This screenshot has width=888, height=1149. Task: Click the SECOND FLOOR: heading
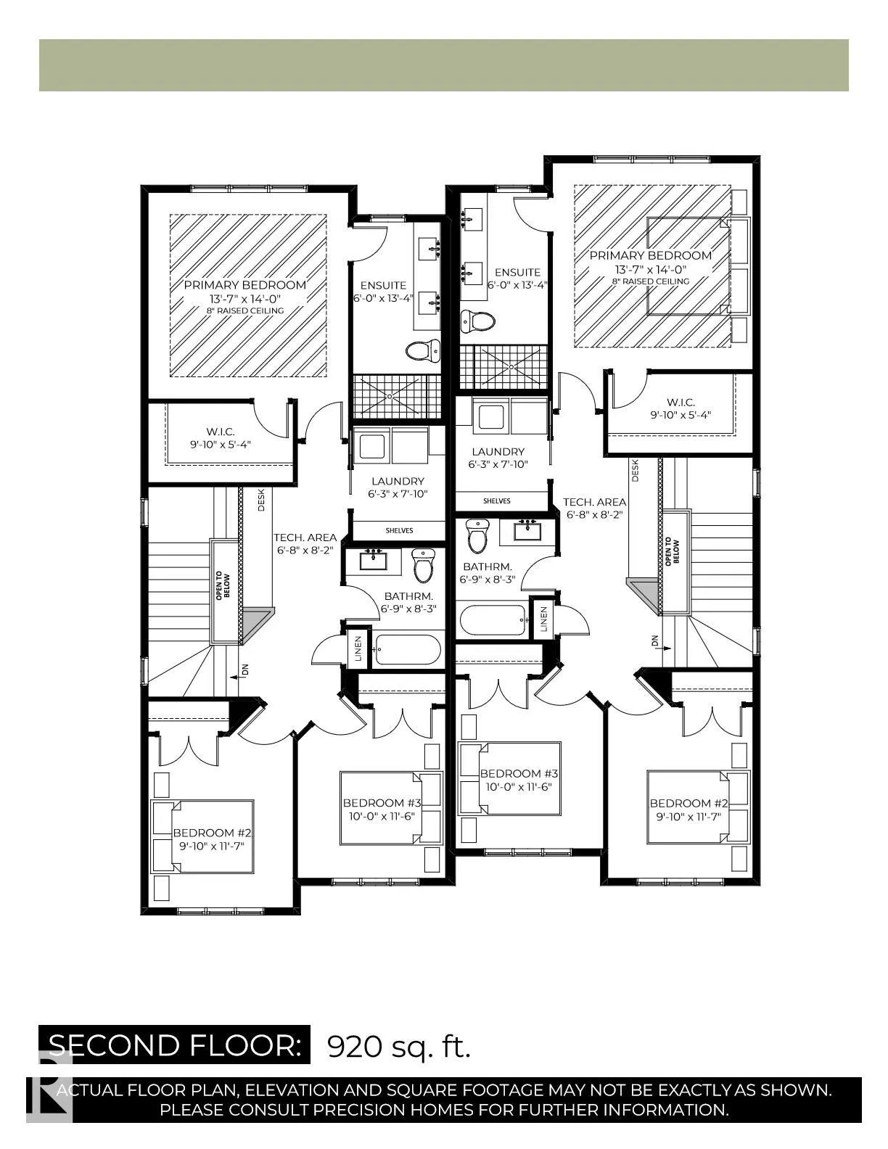pyautogui.click(x=174, y=1045)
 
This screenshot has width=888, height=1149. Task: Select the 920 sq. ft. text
pyautogui.click(x=399, y=1046)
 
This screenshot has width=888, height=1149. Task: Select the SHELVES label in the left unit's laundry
pyautogui.click(x=399, y=530)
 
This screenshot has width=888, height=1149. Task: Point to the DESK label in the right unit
pyautogui.click(x=636, y=471)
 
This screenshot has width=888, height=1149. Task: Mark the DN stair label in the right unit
pyautogui.click(x=654, y=642)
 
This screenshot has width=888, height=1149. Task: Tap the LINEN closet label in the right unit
pyautogui.click(x=544, y=618)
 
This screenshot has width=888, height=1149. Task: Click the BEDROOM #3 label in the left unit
pyautogui.click(x=382, y=803)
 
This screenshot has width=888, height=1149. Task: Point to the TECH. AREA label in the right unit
pyautogui.click(x=594, y=502)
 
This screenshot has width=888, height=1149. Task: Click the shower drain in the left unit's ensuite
pyautogui.click(x=390, y=396)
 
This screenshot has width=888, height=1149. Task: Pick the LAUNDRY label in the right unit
pyautogui.click(x=498, y=451)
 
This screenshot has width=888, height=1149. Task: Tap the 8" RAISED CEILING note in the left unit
pyautogui.click(x=244, y=310)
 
